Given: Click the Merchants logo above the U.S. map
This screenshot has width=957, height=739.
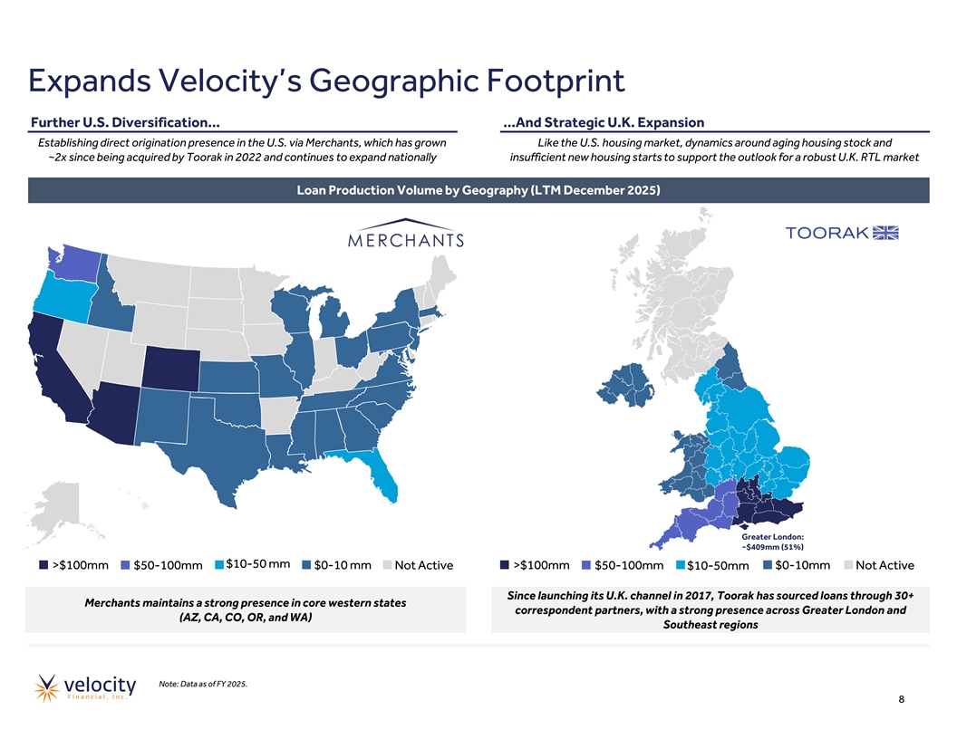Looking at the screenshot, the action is (406, 233).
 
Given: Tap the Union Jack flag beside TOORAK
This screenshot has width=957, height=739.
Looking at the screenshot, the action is (885, 233).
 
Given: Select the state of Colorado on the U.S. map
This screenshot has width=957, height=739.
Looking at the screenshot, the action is (171, 369).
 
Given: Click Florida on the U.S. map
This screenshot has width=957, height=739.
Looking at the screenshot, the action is (382, 475).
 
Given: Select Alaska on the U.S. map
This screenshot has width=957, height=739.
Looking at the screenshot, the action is (58, 509).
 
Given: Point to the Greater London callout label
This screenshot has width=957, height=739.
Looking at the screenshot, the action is (773, 542).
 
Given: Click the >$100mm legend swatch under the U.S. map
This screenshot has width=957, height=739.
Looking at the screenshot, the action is (43, 565).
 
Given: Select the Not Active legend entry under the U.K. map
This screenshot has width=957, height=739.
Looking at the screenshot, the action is (879, 565).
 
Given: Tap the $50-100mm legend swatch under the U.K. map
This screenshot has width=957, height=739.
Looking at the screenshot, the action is (586, 565).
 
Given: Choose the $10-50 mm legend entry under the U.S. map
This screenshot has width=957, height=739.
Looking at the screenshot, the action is (253, 564).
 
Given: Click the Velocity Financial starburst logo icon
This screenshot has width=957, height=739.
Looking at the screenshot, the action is (46, 687).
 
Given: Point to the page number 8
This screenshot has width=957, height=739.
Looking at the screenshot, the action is (902, 699).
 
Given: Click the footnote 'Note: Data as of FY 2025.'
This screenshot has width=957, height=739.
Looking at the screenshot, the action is (203, 684).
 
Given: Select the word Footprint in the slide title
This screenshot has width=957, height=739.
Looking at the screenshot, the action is (556, 81).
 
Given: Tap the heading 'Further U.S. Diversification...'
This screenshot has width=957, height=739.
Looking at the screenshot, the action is (125, 122).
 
